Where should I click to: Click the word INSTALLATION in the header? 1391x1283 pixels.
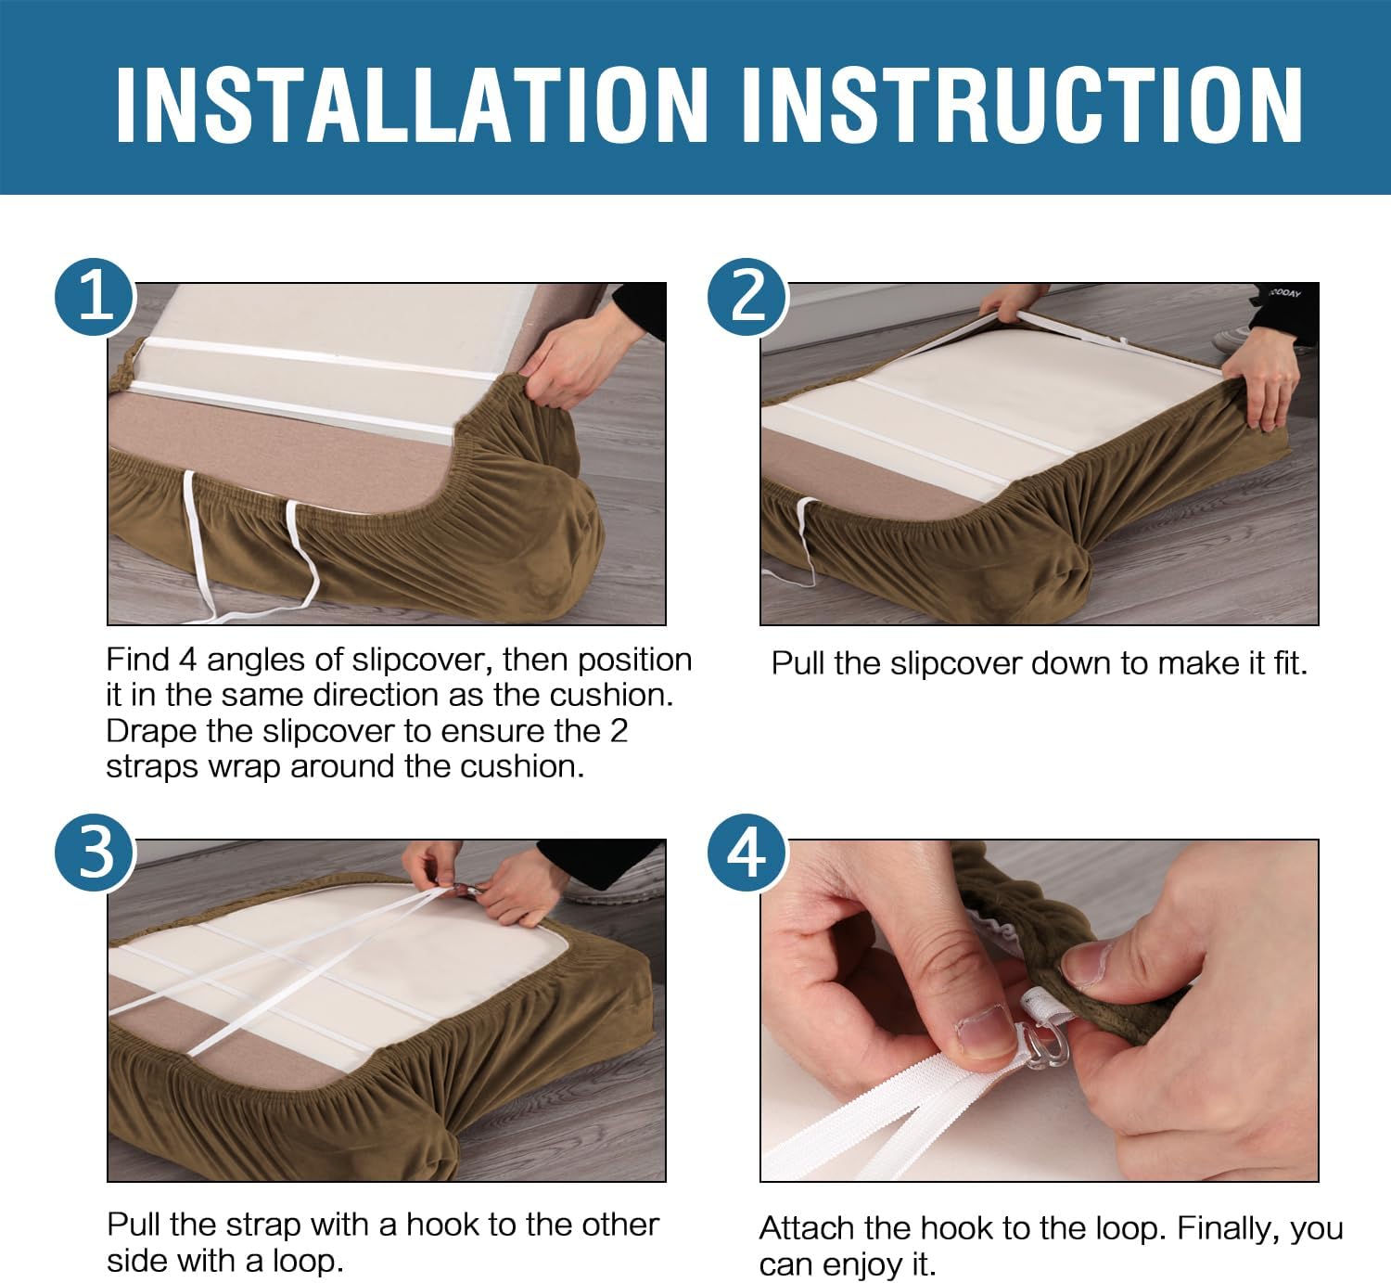(x=412, y=106)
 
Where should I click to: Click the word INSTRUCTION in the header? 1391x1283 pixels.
(x=1022, y=106)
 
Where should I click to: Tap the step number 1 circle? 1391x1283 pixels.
(x=95, y=297)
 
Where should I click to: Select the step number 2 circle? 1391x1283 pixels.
(x=747, y=297)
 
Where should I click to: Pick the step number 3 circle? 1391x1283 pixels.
(x=95, y=853)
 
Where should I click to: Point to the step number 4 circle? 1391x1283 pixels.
(x=747, y=853)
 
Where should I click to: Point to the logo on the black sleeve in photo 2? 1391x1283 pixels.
(x=1284, y=293)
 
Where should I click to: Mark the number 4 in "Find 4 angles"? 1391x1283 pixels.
(x=187, y=661)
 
